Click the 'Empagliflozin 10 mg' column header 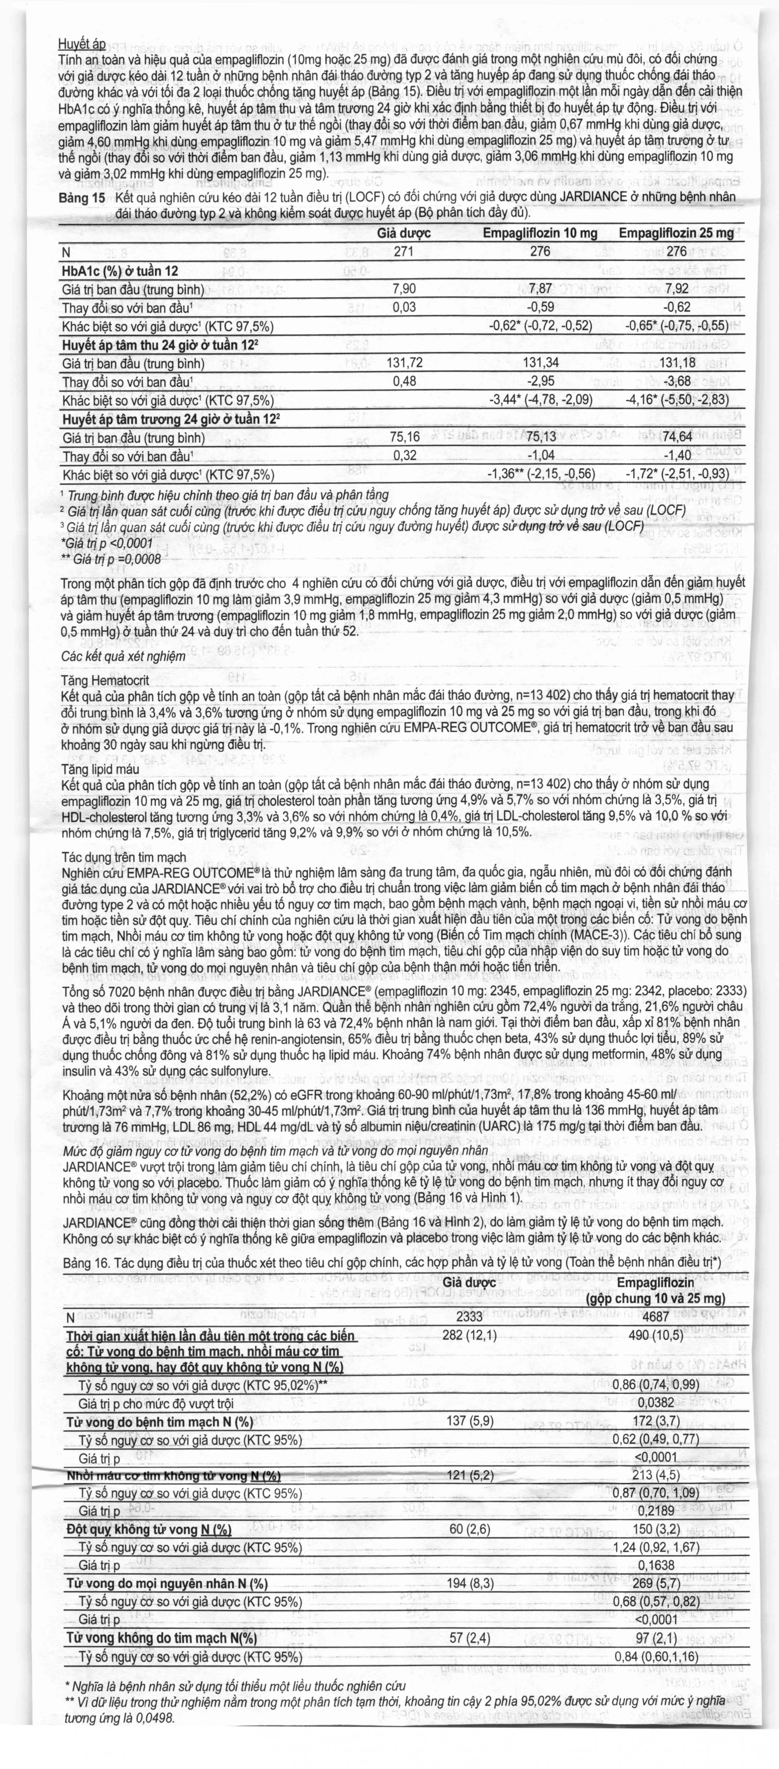coord(540,234)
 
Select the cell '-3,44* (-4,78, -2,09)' coord(540,401)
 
